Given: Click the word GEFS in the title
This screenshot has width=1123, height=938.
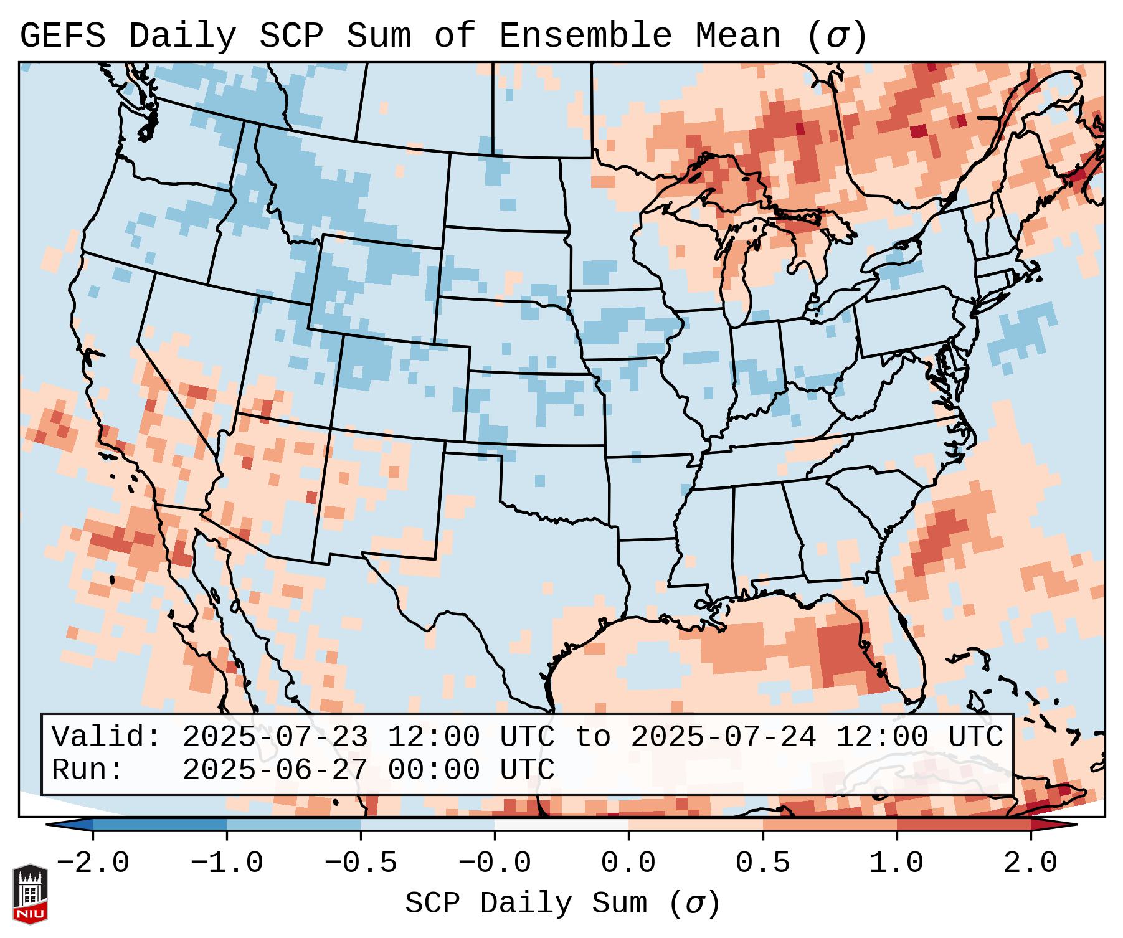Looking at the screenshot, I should (62, 36).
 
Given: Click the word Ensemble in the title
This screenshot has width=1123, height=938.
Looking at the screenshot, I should (585, 36).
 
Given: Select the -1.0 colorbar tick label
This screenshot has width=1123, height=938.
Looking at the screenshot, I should (226, 863).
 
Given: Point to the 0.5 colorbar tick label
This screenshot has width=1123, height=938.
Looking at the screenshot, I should (762, 863).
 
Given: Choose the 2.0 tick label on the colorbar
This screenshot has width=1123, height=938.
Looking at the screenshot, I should (1030, 863).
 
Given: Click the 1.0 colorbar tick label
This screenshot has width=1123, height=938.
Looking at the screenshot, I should (896, 863).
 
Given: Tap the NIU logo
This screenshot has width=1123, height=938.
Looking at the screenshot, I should (30, 893).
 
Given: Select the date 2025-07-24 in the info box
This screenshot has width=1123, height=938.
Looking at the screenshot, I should (723, 737).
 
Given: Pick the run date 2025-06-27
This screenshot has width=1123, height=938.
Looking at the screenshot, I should (274, 770).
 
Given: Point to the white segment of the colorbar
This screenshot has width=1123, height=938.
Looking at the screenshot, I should (561, 825).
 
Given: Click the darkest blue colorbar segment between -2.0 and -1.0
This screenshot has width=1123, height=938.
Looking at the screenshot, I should (159, 825).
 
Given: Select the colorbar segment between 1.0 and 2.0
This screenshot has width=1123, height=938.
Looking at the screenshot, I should (964, 825).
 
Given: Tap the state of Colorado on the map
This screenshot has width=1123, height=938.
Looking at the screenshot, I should (399, 386).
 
